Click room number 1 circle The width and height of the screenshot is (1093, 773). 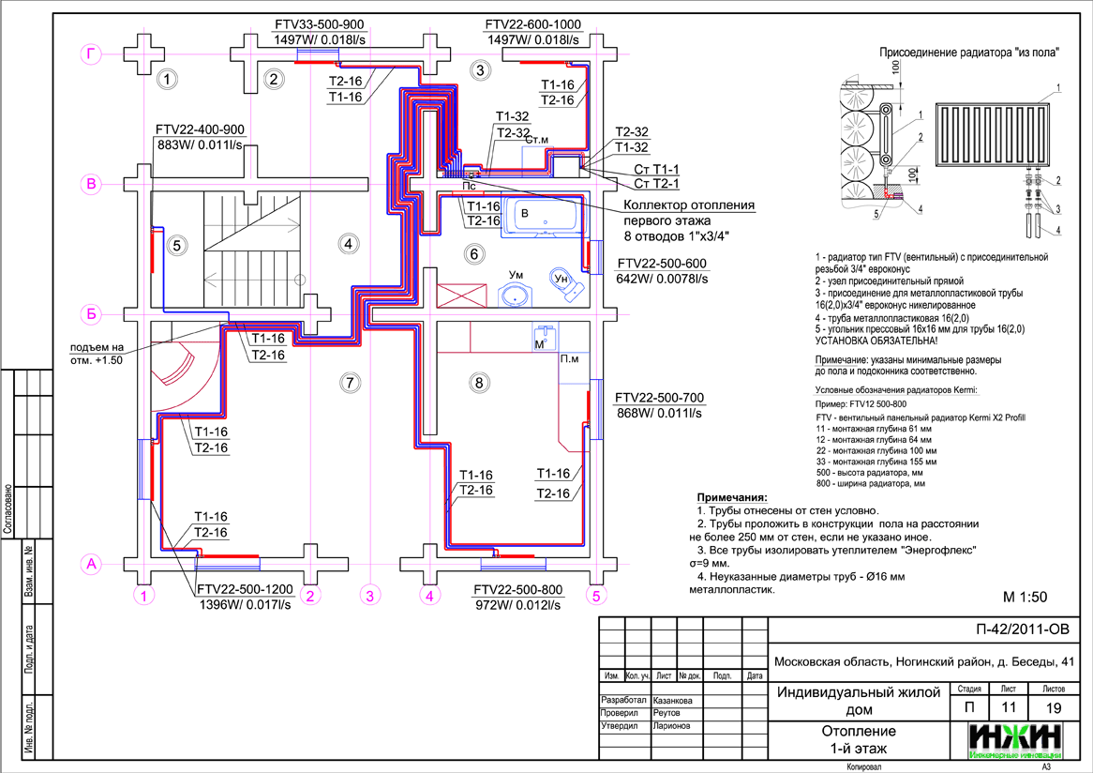coord(167,80)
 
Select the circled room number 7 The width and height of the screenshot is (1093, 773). coord(350,382)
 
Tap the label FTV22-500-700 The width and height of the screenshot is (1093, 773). coord(659,398)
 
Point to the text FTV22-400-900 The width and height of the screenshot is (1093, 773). coord(200,129)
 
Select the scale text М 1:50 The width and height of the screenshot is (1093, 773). coord(1025,597)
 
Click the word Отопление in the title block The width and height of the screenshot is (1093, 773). coord(859,731)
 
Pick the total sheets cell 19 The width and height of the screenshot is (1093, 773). coord(1053,706)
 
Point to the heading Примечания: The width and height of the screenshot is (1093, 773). coord(732,497)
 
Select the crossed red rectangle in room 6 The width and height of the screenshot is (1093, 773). coord(461,296)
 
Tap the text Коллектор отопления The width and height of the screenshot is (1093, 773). coord(689,205)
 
